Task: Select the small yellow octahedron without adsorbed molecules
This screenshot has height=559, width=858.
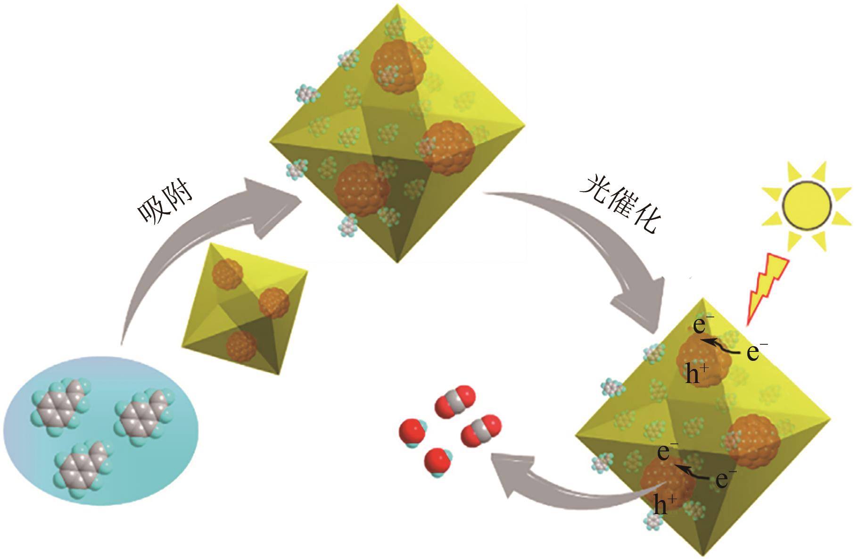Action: [245, 309]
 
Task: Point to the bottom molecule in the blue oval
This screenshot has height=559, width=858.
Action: [83, 467]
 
